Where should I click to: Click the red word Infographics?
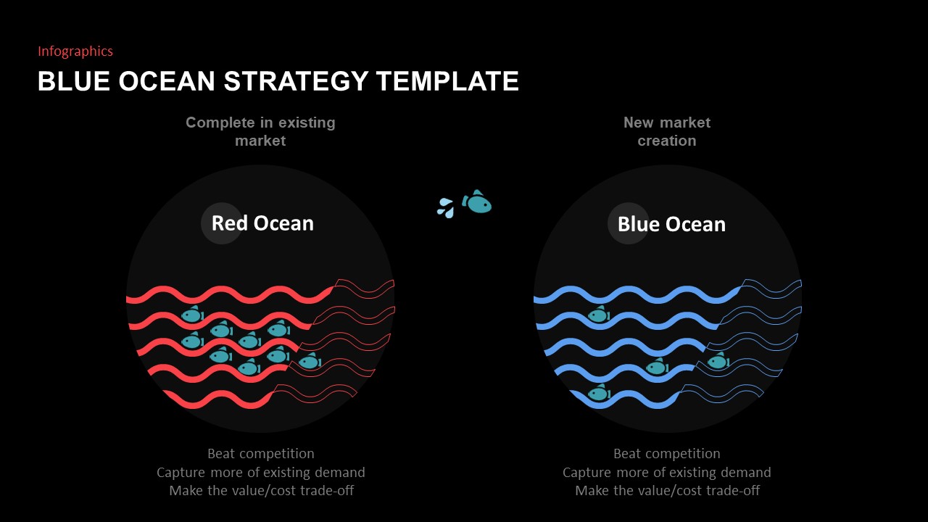tap(75, 51)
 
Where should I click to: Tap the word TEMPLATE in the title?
tap(447, 81)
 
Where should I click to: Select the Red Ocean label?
tap(262, 223)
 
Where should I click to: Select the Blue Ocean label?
tap(671, 224)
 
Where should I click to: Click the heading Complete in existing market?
tap(260, 131)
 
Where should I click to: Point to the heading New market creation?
tap(667, 131)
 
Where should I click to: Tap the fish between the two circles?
tap(478, 203)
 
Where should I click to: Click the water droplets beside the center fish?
tap(445, 208)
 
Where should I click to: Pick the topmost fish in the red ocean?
tap(191, 315)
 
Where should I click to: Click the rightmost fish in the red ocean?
tap(310, 361)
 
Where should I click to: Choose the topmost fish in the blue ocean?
tap(598, 315)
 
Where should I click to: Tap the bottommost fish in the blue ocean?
tap(598, 393)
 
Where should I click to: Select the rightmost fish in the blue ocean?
tap(718, 361)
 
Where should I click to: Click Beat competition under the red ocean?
tap(261, 454)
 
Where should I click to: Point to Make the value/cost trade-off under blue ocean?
tap(667, 491)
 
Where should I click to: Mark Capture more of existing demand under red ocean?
tap(261, 473)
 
